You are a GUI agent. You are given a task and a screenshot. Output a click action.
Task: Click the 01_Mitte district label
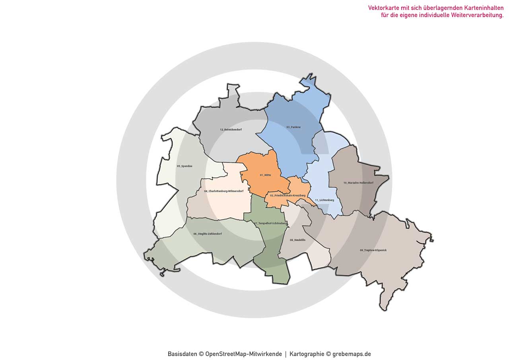pyautogui.click(x=265, y=175)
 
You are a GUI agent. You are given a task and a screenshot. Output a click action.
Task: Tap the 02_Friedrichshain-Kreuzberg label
pyautogui.click(x=288, y=196)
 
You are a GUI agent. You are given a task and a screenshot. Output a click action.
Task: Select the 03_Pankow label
pyautogui.click(x=293, y=127)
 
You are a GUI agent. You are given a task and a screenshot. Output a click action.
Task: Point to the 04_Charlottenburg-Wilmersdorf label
pyautogui.click(x=224, y=191)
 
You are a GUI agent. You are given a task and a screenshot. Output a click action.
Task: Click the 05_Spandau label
pyautogui.click(x=185, y=166)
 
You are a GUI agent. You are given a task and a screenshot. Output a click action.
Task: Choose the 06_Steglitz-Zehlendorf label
pyautogui.click(x=208, y=234)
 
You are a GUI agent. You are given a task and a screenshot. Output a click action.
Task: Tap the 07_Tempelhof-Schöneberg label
pyautogui.click(x=270, y=224)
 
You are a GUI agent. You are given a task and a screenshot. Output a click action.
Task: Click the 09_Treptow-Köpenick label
pyautogui.click(x=373, y=250)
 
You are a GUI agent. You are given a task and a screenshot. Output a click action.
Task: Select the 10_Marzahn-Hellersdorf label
pyautogui.click(x=358, y=183)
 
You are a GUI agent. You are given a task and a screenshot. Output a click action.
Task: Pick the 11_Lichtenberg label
pyautogui.click(x=324, y=200)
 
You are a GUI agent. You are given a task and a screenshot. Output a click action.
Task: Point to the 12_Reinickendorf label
pyautogui.click(x=231, y=130)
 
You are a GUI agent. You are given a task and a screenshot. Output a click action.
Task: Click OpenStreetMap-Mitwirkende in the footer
pyautogui.click(x=243, y=354)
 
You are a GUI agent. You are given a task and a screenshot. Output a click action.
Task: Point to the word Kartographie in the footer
pyautogui.click(x=307, y=354)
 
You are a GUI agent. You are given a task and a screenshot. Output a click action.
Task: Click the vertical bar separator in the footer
pyautogui.click(x=286, y=354)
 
